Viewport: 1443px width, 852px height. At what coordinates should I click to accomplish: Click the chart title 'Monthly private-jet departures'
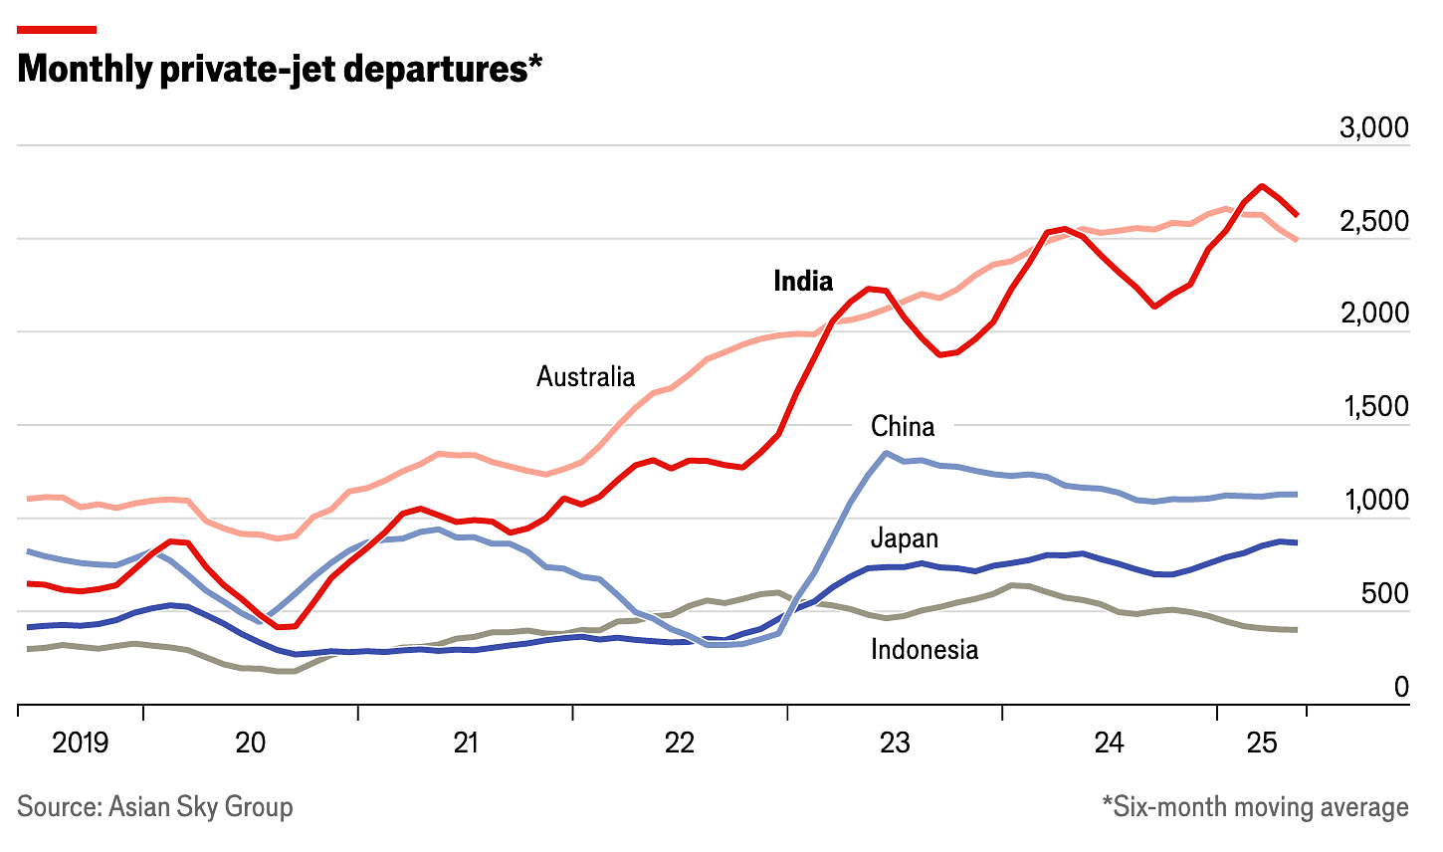coord(280,70)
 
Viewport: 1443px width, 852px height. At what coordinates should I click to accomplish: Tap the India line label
coord(803,282)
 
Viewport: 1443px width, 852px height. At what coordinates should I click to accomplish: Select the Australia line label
coord(585,376)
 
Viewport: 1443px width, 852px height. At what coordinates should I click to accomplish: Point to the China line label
coord(903,426)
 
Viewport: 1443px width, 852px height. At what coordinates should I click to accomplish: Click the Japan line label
coord(904,538)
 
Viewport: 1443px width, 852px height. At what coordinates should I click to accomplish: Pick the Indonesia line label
coord(925,650)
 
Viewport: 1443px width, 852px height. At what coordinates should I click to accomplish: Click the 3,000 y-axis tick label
coord(1374,127)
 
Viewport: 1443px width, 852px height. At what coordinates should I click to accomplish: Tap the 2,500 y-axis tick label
coord(1374,221)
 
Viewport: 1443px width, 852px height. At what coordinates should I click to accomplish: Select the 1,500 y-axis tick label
coord(1374,407)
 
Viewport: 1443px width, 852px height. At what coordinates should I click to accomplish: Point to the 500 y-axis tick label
coord(1384,594)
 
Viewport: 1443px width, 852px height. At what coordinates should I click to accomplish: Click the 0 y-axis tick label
coord(1401,687)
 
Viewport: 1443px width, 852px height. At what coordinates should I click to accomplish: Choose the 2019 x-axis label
coord(80,743)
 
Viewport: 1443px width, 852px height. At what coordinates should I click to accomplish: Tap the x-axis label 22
coord(680,743)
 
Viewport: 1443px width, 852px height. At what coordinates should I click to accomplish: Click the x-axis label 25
coord(1262,743)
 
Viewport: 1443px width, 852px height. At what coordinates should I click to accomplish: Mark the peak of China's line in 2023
coord(886,453)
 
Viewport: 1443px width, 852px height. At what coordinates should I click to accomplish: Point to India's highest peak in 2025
coord(1262,186)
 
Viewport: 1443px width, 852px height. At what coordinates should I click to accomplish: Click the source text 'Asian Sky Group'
coord(200,806)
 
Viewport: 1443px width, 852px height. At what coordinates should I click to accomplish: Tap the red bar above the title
coord(57,29)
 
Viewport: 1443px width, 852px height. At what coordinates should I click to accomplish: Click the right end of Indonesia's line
coord(1295,629)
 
